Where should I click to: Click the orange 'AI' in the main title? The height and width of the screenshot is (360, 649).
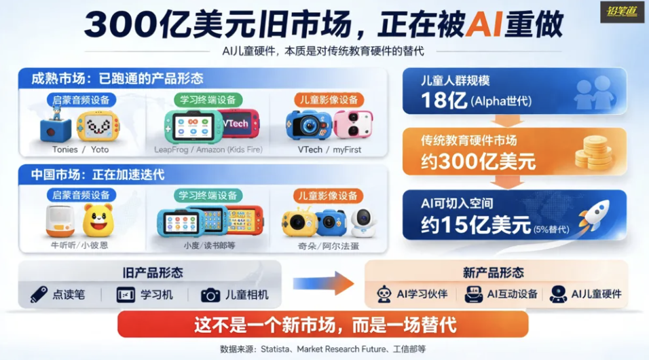[483, 24]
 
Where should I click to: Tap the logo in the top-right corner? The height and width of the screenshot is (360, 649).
[622, 12]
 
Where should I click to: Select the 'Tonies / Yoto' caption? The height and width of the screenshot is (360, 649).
[80, 149]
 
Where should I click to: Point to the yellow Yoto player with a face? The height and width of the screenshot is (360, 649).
[98, 126]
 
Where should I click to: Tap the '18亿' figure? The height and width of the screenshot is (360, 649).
[444, 100]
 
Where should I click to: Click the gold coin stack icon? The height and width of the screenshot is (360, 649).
[594, 153]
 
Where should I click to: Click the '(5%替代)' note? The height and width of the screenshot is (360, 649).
[551, 229]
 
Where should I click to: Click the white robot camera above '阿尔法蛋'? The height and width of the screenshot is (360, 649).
[364, 223]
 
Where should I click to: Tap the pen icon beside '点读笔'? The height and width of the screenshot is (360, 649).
[39, 295]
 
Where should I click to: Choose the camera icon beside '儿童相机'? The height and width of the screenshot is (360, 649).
[210, 295]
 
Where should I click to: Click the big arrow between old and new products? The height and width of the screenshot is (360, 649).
[324, 284]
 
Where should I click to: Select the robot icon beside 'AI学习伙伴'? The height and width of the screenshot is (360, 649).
[384, 294]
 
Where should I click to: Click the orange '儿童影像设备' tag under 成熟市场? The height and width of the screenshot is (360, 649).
[329, 100]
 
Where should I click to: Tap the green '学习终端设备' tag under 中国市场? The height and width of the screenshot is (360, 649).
[208, 196]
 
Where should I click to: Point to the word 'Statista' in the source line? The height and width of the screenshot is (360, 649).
[275, 349]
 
